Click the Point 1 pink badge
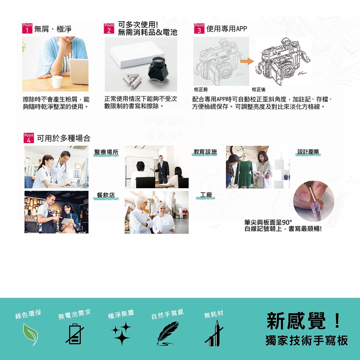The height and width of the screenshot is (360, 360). point(27,28)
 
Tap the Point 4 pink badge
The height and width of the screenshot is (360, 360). point(29,138)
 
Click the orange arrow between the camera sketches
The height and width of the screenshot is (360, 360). point(247,61)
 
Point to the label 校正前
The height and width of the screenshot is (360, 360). point(201,90)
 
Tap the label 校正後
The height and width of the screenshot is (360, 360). point(258,90)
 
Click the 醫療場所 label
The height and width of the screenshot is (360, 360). point(106,152)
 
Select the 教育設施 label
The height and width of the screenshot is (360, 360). point(205,152)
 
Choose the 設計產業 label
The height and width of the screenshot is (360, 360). point(308,152)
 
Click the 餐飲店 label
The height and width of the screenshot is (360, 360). point(106,195)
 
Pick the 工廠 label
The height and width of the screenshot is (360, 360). point(206,195)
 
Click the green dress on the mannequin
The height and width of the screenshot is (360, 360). point(244,174)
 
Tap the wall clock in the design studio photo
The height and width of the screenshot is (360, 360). point(237,151)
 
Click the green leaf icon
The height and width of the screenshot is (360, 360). point(31,334)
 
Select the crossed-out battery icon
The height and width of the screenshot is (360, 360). point(75,334)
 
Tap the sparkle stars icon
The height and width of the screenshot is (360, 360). point(121,334)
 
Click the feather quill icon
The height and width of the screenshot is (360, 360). point(168,333)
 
